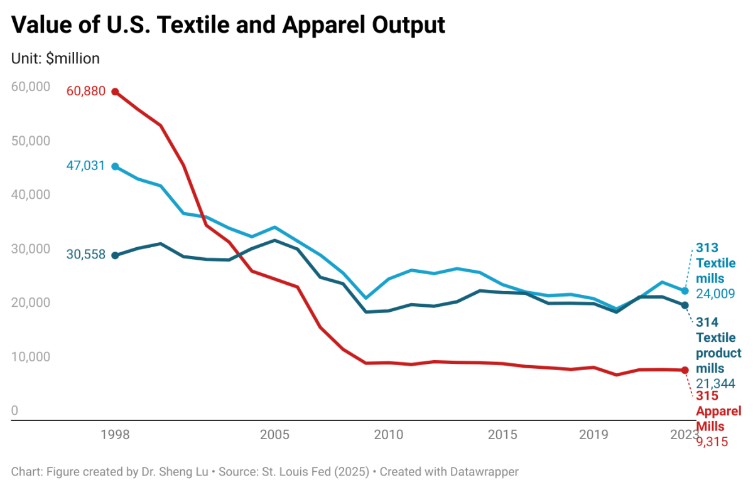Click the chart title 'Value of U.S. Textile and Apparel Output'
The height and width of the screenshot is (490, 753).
click(x=229, y=24)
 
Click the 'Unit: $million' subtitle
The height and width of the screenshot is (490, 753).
click(x=55, y=58)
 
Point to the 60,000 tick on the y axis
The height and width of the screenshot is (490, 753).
click(x=31, y=87)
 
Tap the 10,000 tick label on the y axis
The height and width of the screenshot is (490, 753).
click(x=31, y=356)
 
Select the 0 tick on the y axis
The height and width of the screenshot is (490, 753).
click(x=15, y=411)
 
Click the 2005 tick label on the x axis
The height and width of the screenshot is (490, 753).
click(x=274, y=435)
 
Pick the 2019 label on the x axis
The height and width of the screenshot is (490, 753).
click(x=593, y=435)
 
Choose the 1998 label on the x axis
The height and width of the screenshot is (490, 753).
click(x=115, y=435)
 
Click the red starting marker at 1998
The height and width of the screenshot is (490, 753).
click(x=115, y=92)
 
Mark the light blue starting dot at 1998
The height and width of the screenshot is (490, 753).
click(x=115, y=166)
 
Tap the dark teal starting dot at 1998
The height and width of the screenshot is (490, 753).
click(x=115, y=255)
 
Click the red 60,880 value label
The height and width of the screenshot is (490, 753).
click(x=85, y=92)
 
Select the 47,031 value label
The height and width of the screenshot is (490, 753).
click(x=85, y=166)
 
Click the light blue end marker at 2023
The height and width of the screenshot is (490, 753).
click(x=685, y=291)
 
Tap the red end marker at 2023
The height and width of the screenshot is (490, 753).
click(x=685, y=370)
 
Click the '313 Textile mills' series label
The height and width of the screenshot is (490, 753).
click(x=715, y=263)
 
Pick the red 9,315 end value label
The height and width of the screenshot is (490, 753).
click(x=712, y=442)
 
